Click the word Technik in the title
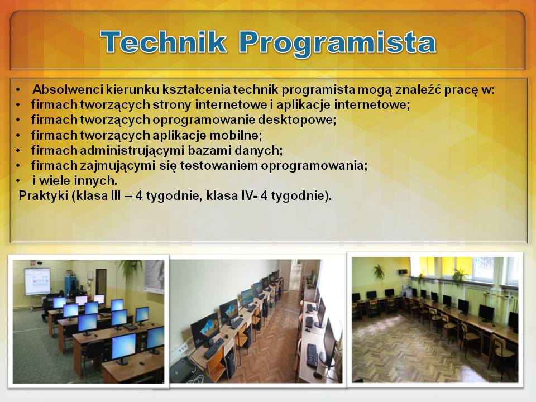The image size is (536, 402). point(164,42)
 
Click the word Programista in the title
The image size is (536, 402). point(337,44)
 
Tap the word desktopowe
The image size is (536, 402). point(297,120)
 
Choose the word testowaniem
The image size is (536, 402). point(219,165)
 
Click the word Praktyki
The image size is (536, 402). point(44,196)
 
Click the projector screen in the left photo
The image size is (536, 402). point(37,281)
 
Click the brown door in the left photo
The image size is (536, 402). point(101,283)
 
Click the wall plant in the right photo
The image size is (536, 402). point(379,272)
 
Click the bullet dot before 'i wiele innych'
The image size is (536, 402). point(18,181)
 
